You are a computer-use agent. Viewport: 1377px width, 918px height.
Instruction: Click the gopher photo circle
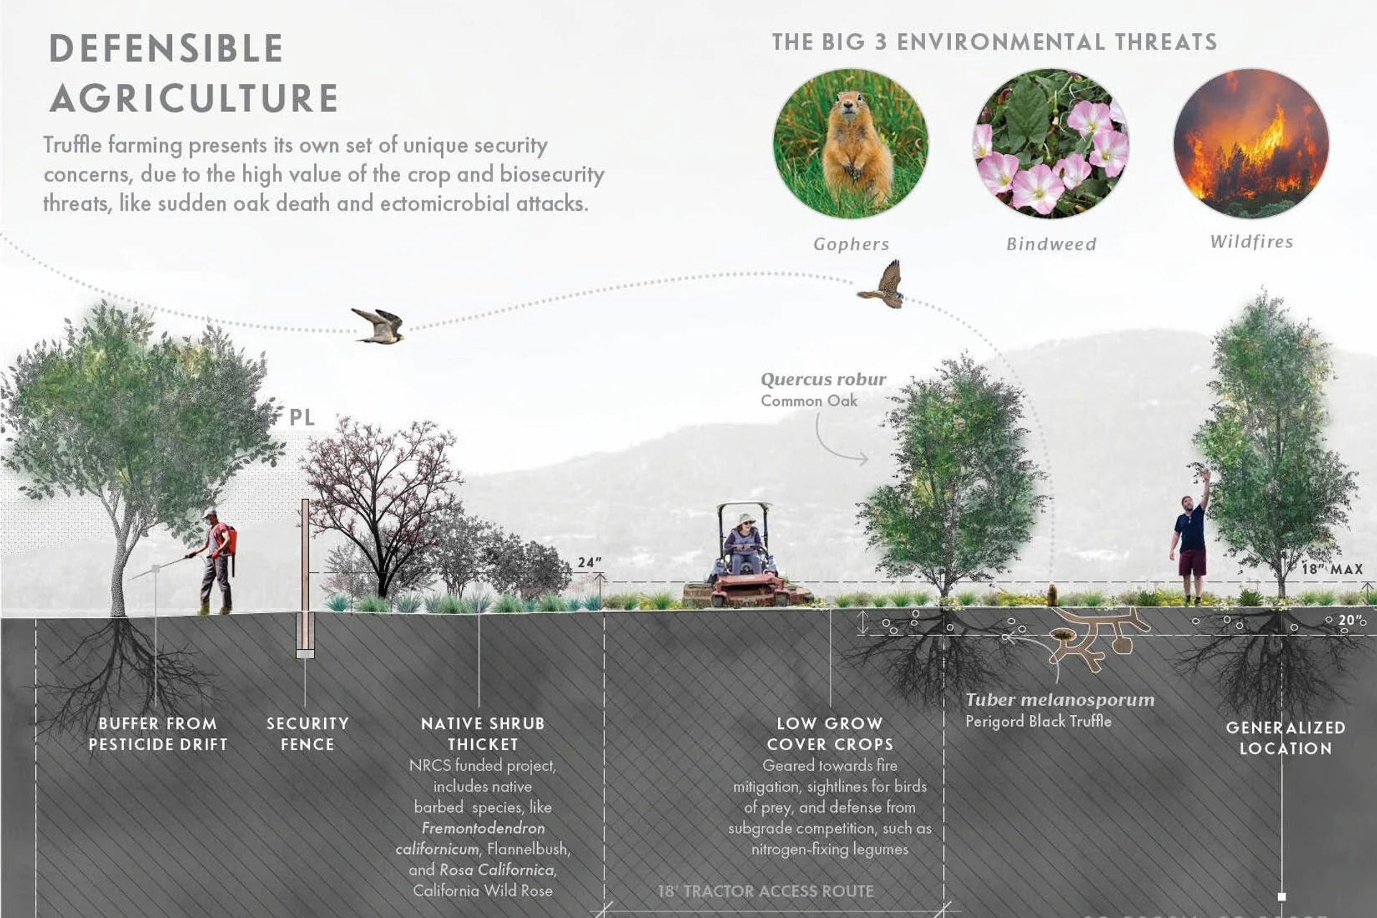pyautogui.click(x=851, y=143)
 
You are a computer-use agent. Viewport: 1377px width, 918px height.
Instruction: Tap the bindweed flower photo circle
pyautogui.click(x=1051, y=143)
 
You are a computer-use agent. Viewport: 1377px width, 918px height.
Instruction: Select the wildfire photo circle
pyautogui.click(x=1251, y=143)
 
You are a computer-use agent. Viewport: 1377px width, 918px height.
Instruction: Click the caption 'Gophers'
pyautogui.click(x=851, y=244)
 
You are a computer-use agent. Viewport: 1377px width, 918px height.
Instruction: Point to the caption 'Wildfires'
pyautogui.click(x=1251, y=242)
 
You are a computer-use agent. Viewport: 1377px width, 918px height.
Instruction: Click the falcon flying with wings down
pyautogui.click(x=378, y=326)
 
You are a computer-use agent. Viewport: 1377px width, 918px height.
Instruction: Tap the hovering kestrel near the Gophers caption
pyautogui.click(x=882, y=285)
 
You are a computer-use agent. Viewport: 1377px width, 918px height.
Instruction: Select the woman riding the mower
pyautogui.click(x=744, y=545)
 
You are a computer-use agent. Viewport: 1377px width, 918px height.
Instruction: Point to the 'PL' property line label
pyautogui.click(x=302, y=417)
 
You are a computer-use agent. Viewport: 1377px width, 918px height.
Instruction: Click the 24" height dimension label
pyautogui.click(x=590, y=563)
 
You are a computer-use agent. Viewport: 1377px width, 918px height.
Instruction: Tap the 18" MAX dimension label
pyautogui.click(x=1333, y=569)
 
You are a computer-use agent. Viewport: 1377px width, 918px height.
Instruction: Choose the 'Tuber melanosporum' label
pyautogui.click(x=1060, y=700)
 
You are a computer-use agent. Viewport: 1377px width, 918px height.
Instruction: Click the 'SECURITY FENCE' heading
pyautogui.click(x=308, y=734)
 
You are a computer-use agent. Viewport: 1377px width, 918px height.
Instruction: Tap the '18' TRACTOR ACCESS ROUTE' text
pyautogui.click(x=766, y=891)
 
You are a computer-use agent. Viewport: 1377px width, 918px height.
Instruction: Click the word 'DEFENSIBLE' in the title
pyautogui.click(x=166, y=49)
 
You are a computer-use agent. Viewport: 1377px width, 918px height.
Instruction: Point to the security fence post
pyautogui.click(x=306, y=578)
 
